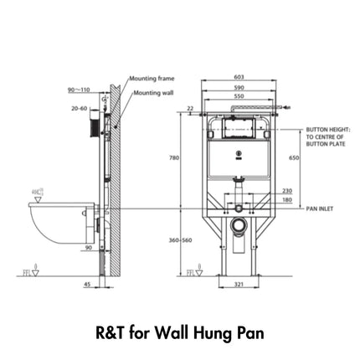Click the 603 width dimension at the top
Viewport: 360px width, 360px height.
239,75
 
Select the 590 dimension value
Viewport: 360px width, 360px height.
239,86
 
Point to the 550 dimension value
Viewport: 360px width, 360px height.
239,96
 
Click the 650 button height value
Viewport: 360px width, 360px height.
294,157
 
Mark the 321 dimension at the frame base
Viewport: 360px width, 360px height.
238,285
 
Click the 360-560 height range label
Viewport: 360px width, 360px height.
181,239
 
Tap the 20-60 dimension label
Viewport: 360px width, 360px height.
80,108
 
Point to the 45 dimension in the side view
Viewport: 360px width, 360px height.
88,284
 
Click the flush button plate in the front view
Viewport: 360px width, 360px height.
239,130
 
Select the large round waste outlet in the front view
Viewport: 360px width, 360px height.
239,224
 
